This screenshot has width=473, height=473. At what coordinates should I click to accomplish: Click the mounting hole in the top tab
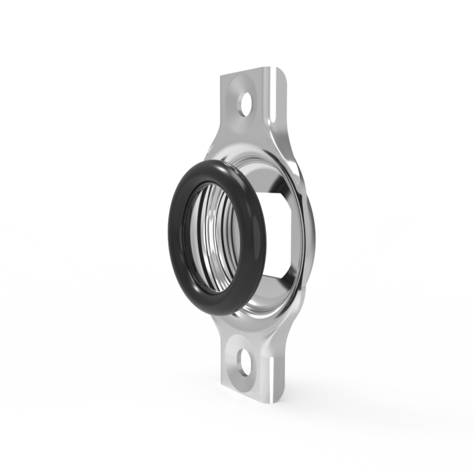[x=248, y=102]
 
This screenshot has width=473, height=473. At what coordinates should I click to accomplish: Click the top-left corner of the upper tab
[x=222, y=75]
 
